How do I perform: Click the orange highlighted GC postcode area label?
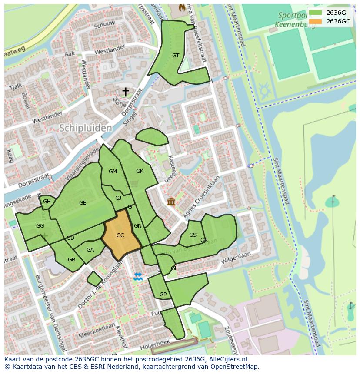point(120,235)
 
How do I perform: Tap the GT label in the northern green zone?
point(176,56)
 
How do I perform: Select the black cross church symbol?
point(126,92)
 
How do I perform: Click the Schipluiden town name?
point(85,128)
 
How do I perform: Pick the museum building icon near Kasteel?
point(171,202)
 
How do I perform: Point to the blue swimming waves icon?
point(138,276)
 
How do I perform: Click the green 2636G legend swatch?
point(315,13)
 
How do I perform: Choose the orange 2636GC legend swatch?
point(315,21)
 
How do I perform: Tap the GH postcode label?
point(47,202)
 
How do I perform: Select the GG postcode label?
point(40,226)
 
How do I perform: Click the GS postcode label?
point(193,235)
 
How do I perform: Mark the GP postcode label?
point(163,295)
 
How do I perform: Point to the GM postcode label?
point(113,172)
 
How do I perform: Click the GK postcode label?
point(140,171)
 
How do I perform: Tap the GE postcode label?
point(83,203)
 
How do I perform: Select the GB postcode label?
point(71,260)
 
